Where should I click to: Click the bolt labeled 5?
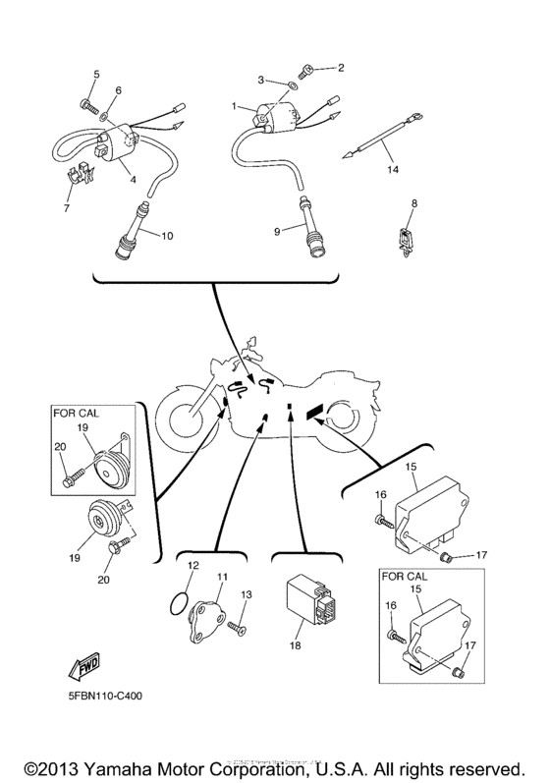85,102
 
